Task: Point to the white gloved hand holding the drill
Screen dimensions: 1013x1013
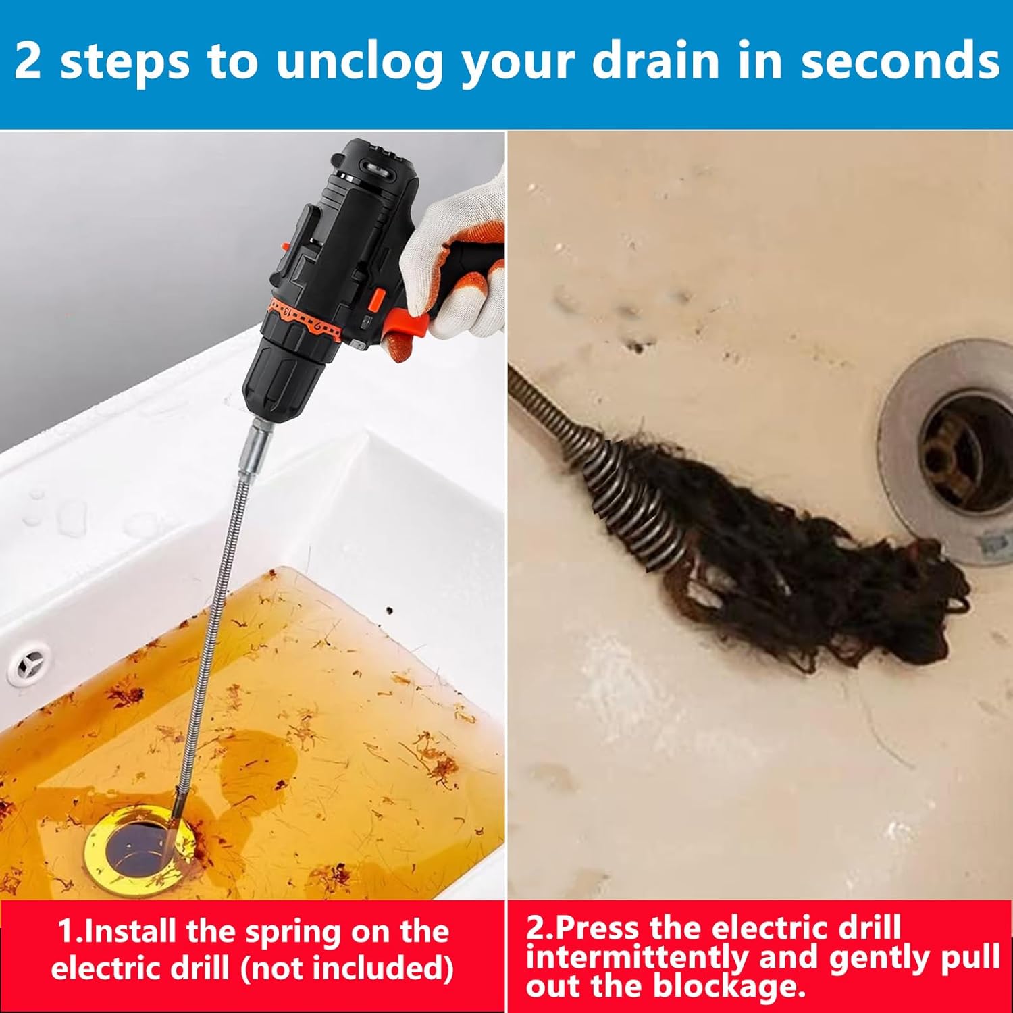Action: tap(459, 257)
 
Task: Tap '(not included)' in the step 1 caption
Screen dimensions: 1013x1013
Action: tap(346, 969)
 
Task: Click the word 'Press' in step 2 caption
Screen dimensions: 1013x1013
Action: tap(598, 928)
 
